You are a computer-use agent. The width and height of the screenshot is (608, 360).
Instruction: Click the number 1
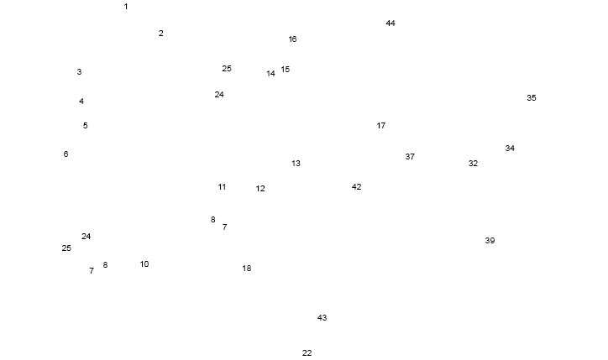coord(126,7)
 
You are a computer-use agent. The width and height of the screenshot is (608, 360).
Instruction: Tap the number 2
coord(160,34)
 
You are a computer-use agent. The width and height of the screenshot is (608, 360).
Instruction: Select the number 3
coord(79,72)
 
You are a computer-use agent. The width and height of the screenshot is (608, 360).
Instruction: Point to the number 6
coord(66,154)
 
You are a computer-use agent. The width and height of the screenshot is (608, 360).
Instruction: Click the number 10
coord(144,264)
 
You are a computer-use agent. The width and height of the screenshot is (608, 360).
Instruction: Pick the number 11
coord(222,187)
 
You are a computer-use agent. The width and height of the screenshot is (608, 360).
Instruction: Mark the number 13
coord(296,164)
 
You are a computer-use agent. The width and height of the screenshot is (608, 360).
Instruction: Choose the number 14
coord(270,74)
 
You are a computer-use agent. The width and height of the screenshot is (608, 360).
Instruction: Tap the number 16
coord(292,39)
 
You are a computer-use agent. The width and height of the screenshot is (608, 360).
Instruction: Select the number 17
coord(380,126)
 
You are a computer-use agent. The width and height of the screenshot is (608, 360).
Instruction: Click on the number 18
coord(246,269)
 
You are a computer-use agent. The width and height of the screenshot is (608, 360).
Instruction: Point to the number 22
coord(307,353)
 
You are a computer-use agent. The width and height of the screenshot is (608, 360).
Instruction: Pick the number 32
coord(473,164)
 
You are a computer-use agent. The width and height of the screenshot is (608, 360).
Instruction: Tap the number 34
coord(510,149)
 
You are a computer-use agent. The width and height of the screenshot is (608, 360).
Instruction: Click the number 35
coord(531,98)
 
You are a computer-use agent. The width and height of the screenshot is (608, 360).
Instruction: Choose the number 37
coord(410,157)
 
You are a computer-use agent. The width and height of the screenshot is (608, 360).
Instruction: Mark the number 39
coord(490,241)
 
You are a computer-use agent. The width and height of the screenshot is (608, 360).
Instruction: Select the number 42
coord(356,187)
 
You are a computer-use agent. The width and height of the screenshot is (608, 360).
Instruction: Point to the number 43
coord(322,318)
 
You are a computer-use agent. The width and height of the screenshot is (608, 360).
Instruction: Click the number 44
coord(390,23)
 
